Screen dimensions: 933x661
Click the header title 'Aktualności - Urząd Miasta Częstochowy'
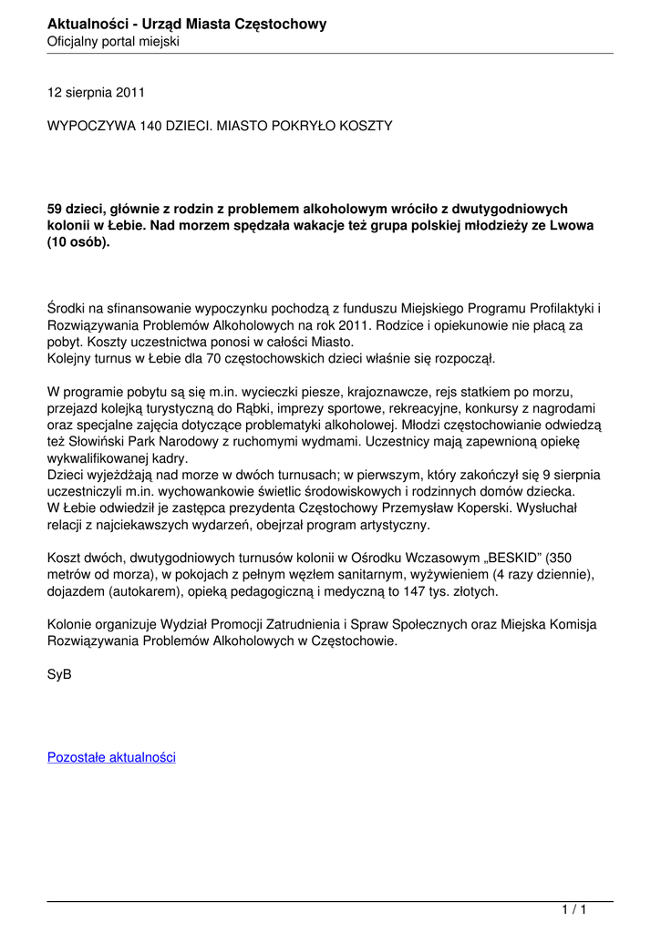click(x=187, y=24)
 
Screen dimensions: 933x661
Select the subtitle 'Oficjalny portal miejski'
click(x=113, y=42)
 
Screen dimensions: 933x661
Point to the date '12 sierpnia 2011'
click(x=96, y=92)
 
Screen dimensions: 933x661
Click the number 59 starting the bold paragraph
click(x=56, y=209)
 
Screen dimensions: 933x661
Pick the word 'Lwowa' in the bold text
click(x=573, y=225)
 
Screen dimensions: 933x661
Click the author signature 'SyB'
click(x=59, y=674)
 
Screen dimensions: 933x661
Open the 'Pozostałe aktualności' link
click(x=111, y=757)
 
